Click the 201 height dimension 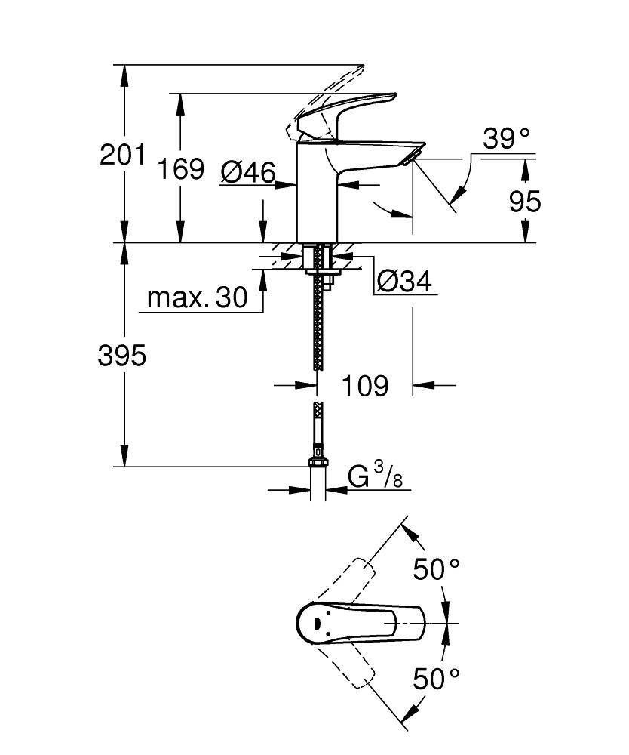(122, 155)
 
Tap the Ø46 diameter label (248, 173)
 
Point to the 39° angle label (506, 138)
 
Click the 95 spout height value (525, 202)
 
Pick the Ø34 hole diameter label (403, 282)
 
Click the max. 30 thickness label (197, 297)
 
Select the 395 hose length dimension (122, 356)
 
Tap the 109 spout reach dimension (365, 386)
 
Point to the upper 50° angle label (436, 569)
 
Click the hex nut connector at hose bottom (317, 462)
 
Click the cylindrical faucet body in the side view (317, 193)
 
